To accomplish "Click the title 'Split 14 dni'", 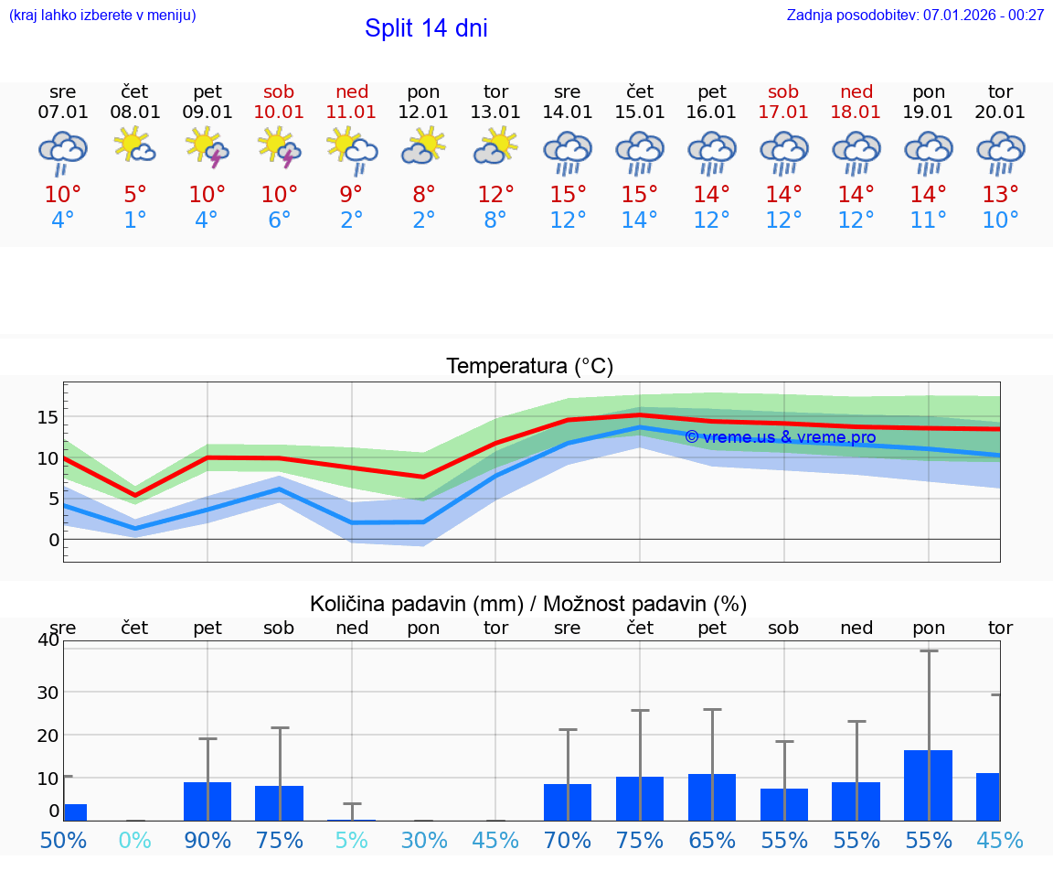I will [x=426, y=28].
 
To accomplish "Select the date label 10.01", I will [x=279, y=113].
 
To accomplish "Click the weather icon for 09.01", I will [x=207, y=148].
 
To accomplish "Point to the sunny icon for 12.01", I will [x=423, y=146].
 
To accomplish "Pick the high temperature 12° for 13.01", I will [x=495, y=195].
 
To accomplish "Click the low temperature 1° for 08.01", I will [x=134, y=220].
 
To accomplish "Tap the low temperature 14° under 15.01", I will [x=640, y=220].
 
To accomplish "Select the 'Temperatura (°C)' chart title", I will [x=529, y=367].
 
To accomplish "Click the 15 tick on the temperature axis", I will [x=48, y=417].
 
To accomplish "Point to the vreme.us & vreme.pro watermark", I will [x=780, y=437].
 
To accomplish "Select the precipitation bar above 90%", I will [x=207, y=801].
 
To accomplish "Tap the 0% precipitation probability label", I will [x=134, y=840].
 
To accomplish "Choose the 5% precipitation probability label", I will [x=351, y=840].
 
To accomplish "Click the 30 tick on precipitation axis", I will [x=48, y=693].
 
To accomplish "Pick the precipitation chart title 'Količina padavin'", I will [x=528, y=604].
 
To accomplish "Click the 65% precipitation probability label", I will [x=712, y=840].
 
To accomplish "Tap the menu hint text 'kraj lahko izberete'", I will [x=102, y=15].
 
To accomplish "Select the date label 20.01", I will [x=1000, y=113].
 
